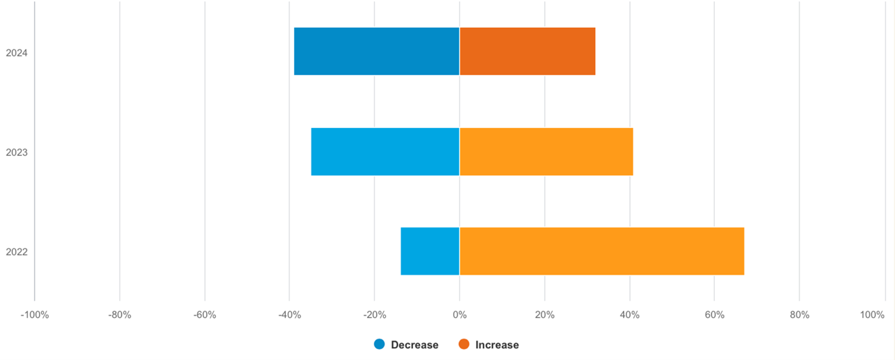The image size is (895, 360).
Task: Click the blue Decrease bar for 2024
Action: [x=376, y=51]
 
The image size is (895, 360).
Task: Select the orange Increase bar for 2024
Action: [x=527, y=51]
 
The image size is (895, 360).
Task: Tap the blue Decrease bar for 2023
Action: [x=384, y=151]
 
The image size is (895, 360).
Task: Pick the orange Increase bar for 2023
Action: [x=545, y=151]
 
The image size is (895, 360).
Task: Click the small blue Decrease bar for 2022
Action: [x=430, y=251]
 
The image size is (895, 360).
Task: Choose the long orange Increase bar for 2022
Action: [x=601, y=251]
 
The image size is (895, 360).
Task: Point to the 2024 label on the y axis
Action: [x=16, y=53]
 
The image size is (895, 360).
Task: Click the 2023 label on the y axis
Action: [x=16, y=153]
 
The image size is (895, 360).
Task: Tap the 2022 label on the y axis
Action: [x=16, y=252]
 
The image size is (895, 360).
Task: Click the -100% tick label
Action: [x=34, y=315]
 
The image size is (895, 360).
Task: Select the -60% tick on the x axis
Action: [x=205, y=315]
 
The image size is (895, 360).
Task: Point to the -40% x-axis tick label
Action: [x=290, y=315]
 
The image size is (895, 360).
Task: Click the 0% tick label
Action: [x=459, y=315]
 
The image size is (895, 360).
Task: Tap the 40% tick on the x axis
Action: [x=629, y=315]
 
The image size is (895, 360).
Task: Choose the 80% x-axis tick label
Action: [x=799, y=315]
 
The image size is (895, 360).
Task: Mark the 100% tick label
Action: [x=872, y=315]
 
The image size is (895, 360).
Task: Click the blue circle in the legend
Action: [x=379, y=344]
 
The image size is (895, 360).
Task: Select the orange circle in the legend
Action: [x=464, y=344]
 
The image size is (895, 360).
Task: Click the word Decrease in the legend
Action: [x=414, y=345]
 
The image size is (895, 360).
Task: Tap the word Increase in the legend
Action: [x=497, y=345]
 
